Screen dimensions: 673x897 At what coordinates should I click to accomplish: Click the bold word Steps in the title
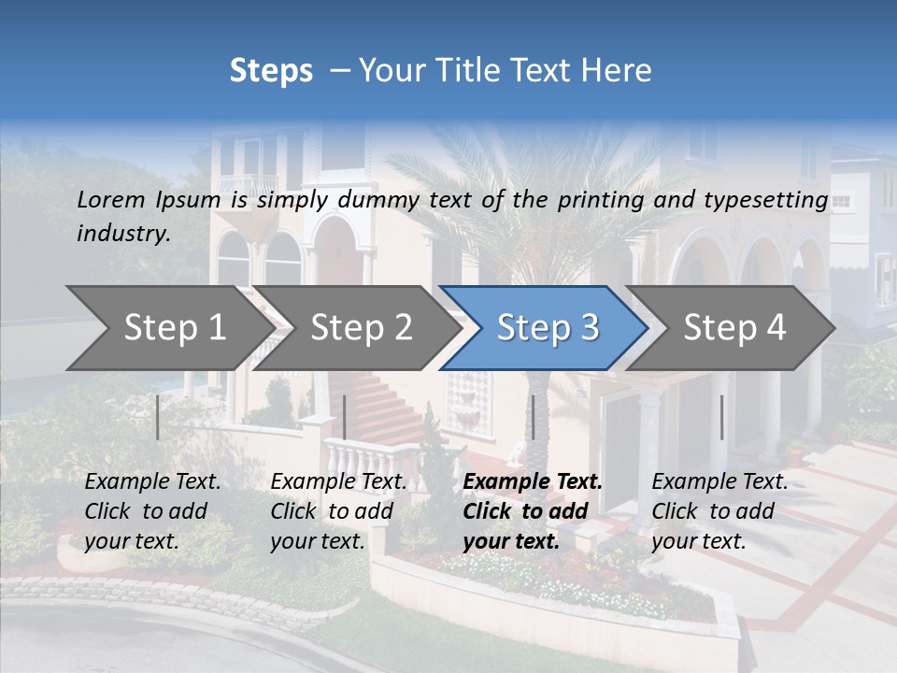(x=271, y=71)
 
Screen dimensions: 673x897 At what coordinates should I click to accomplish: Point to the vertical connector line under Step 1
(x=158, y=417)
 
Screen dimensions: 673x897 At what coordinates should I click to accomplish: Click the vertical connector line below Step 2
(x=345, y=417)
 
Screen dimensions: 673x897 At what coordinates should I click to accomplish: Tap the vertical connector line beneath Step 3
(x=533, y=417)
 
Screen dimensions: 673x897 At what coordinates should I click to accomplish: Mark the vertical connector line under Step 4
(x=721, y=417)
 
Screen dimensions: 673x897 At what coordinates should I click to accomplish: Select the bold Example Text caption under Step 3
(x=533, y=511)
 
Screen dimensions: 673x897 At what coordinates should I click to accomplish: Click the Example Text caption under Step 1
(x=152, y=511)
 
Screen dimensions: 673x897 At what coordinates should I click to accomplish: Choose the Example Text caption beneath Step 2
(x=338, y=511)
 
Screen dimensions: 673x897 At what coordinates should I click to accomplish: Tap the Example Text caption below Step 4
(x=719, y=511)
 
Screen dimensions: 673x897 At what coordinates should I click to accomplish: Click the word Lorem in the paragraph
(x=111, y=200)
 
